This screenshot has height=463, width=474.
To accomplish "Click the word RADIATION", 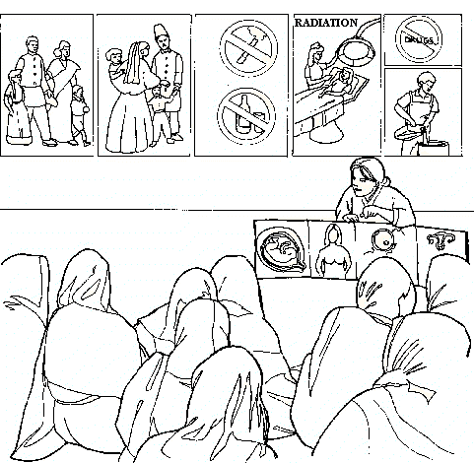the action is click(x=326, y=23).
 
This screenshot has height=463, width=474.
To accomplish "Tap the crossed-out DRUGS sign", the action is click(x=419, y=39).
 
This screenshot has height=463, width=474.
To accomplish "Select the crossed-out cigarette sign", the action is click(x=248, y=48).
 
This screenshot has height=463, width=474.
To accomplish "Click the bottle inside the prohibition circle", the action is click(x=243, y=114).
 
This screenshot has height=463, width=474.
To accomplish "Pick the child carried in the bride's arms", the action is click(x=115, y=66).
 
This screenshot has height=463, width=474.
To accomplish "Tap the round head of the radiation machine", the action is click(x=357, y=51).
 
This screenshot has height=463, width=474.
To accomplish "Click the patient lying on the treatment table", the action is click(x=342, y=83).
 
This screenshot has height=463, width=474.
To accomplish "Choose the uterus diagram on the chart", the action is click(x=440, y=241).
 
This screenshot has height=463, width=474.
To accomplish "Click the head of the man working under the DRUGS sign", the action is click(x=426, y=82).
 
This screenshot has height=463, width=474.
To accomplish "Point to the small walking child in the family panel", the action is click(x=80, y=115).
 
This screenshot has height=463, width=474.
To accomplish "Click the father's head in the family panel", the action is click(x=33, y=45).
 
